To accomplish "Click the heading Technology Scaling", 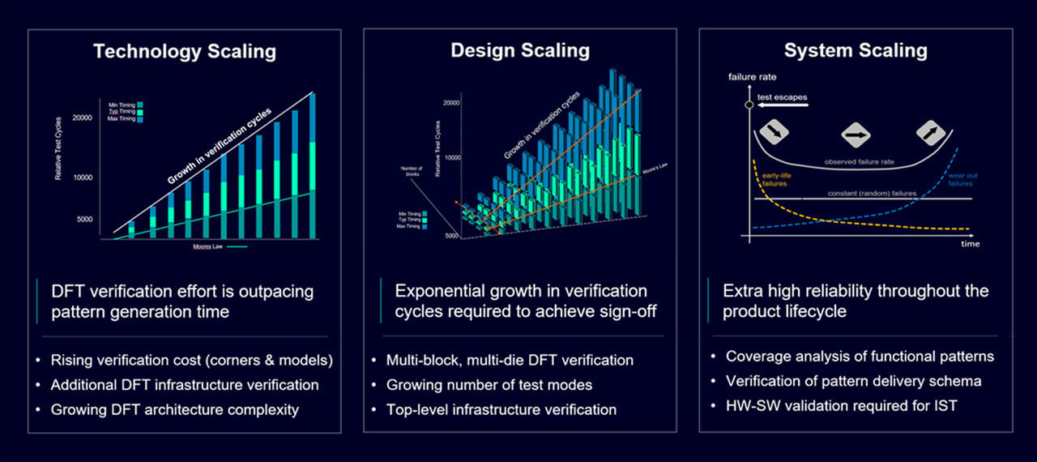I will (185, 52).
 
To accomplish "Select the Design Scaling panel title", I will (520, 50).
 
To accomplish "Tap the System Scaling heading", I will (856, 51).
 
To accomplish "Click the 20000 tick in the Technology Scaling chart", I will (81, 118).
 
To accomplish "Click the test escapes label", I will (782, 97).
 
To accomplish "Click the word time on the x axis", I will (970, 244).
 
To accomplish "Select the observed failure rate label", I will (859, 162).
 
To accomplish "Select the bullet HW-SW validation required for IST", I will (841, 405).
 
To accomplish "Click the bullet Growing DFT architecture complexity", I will (174, 409).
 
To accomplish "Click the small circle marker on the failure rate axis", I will (750, 105).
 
